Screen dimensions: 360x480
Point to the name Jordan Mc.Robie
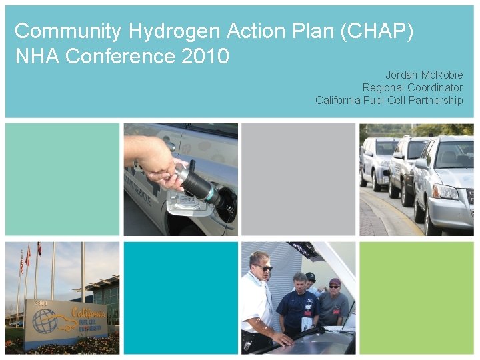tap(423, 75)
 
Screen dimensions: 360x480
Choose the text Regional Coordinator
tap(412, 88)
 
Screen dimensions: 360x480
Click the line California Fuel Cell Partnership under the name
tap(389, 101)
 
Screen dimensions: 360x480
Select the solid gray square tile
tap(298, 179)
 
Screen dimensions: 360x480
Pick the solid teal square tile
tap(180, 297)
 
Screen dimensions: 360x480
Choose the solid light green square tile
tap(417, 297)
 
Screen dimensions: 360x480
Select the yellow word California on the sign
tap(88, 313)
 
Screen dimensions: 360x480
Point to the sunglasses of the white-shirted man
tap(263, 268)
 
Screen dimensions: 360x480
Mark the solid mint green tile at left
tap(62, 179)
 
